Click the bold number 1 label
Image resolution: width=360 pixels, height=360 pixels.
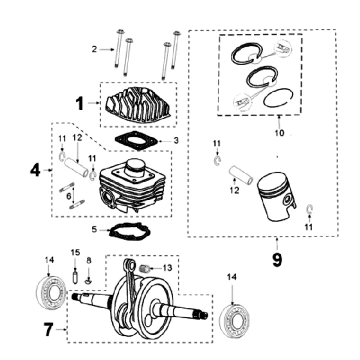click(79, 103)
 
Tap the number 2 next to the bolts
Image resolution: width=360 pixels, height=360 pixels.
click(93, 49)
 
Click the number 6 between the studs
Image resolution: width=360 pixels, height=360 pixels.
click(69, 197)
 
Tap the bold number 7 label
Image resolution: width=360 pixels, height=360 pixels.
click(48, 329)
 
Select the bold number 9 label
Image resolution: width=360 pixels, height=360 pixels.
click(277, 260)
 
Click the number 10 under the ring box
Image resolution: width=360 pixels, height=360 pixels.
click(279, 133)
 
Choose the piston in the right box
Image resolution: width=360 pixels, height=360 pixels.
click(276, 196)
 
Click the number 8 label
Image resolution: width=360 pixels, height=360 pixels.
click(89, 260)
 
